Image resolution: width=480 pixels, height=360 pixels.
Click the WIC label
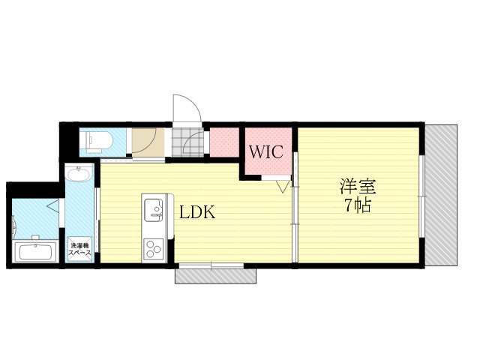265,151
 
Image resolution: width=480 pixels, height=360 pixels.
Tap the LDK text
197,212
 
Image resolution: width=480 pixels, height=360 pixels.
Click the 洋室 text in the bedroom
357,186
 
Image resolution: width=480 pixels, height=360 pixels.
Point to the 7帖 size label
358,205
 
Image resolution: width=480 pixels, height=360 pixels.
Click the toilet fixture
97,140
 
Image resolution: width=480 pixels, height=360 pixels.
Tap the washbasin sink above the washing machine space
79,176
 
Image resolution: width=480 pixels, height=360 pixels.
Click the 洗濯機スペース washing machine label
80,250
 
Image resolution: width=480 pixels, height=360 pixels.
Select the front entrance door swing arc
186,109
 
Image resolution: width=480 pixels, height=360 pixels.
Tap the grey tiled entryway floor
187,142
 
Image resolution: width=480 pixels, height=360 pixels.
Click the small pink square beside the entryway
223,142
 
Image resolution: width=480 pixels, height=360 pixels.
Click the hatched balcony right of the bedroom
440,194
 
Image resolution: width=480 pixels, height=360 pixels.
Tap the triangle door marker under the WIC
283,186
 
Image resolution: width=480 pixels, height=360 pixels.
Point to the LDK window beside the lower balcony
211,265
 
